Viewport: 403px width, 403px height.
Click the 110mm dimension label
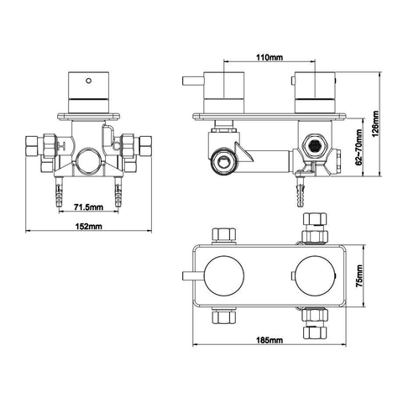270,57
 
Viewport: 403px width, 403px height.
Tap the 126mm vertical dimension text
375,123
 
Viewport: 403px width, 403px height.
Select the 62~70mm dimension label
359,148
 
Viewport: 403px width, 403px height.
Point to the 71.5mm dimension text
88,207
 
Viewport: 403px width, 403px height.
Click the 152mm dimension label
88,226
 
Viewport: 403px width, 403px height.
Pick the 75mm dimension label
359,275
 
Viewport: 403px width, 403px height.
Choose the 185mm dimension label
270,340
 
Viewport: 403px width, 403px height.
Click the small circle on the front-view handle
88,81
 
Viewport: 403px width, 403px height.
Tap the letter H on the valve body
61,145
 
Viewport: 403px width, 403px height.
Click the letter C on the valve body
117,145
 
